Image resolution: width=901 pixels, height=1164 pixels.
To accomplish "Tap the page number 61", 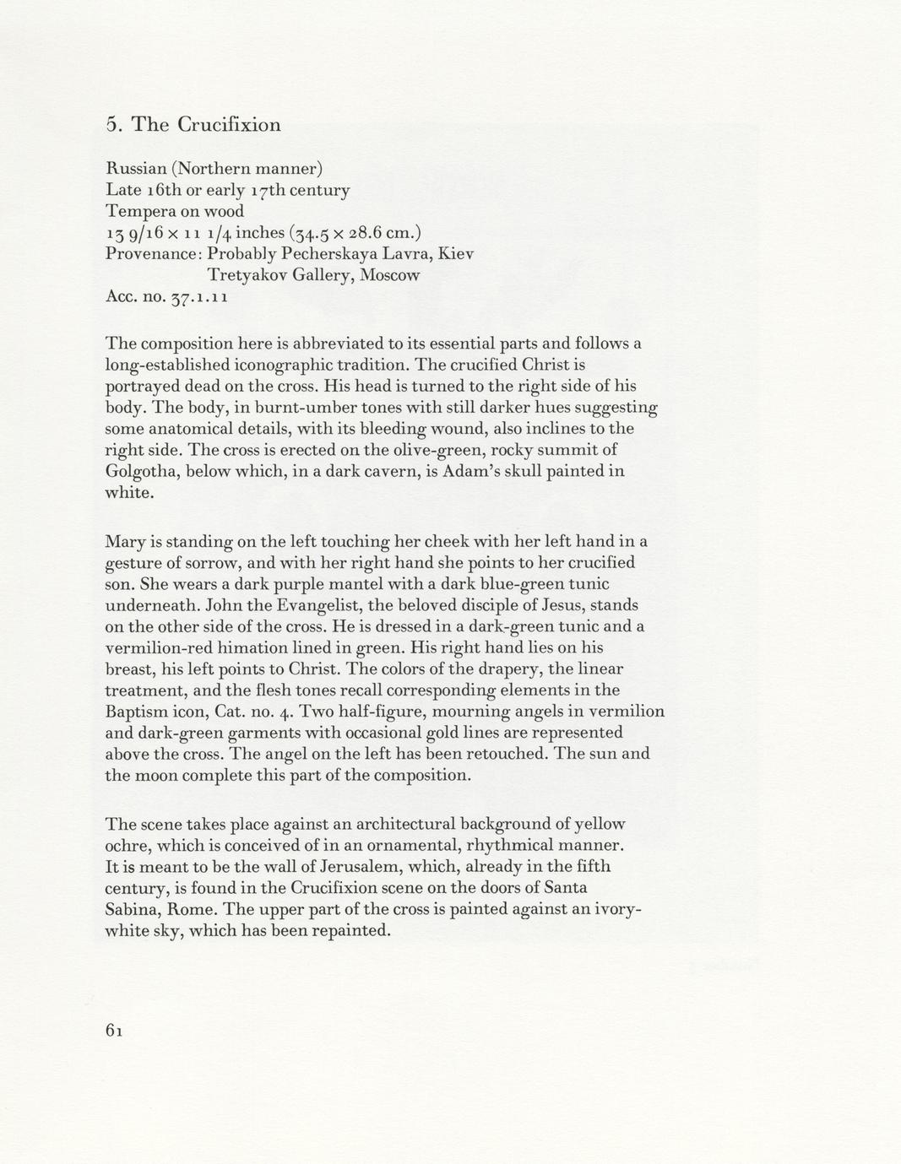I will (115, 1030).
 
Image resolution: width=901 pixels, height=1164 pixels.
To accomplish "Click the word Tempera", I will (137, 211).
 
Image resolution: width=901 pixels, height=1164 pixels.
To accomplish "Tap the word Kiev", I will (456, 253).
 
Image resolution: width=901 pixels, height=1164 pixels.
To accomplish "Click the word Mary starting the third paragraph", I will (124, 541).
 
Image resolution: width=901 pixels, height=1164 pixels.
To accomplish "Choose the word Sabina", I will (133, 909).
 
